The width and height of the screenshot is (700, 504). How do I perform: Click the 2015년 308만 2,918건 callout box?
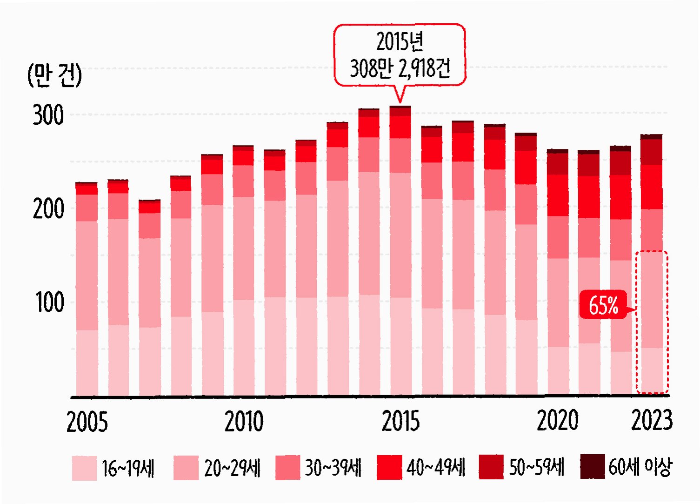(400, 55)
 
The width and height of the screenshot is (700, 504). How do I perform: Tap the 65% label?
(603, 305)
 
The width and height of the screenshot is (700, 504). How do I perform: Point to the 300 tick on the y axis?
(48, 115)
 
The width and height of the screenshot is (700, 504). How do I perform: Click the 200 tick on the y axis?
(48, 209)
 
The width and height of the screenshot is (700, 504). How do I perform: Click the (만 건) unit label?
(55, 75)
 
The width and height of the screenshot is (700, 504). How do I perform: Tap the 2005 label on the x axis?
(87, 422)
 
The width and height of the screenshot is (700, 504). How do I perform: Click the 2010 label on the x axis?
(244, 422)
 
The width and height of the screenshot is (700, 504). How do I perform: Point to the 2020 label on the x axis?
(558, 420)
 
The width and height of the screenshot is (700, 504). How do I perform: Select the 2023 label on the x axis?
(652, 420)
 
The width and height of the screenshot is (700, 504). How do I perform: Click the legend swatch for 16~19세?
(84, 468)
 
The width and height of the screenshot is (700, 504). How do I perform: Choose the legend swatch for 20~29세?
(186, 468)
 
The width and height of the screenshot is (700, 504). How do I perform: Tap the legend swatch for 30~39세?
(287, 467)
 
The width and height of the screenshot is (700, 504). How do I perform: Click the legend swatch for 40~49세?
(389, 467)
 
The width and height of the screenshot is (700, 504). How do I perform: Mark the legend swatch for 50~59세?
(491, 467)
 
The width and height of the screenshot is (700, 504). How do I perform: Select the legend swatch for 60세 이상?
(593, 466)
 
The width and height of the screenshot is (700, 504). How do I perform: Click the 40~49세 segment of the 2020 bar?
(558, 195)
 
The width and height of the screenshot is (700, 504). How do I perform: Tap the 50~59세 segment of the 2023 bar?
(652, 152)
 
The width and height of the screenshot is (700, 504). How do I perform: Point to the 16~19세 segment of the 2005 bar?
(87, 363)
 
